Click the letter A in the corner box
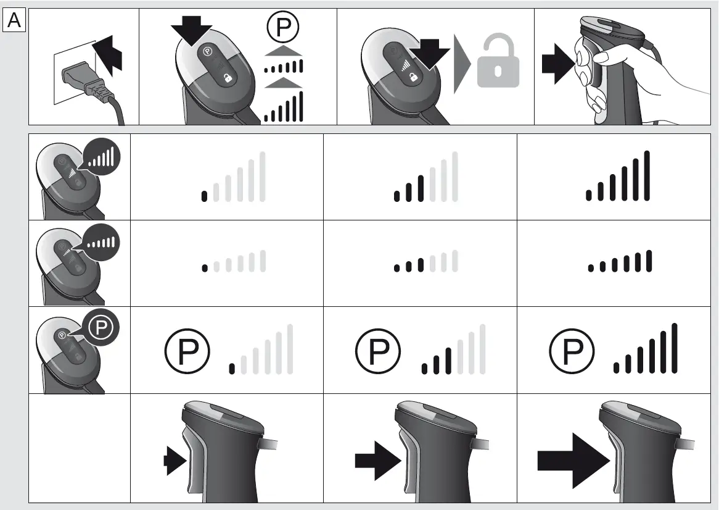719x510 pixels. point(14,21)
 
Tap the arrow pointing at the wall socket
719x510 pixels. point(109,56)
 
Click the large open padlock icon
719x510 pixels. point(498,62)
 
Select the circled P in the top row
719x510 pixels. point(283,28)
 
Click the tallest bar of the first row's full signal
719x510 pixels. point(647,176)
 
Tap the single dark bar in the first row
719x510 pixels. point(204,196)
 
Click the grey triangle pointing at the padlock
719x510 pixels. point(462,63)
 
